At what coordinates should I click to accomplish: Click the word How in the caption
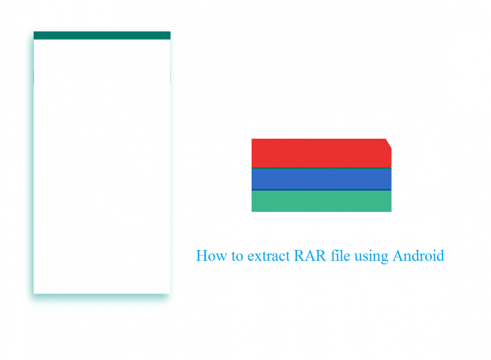(211, 256)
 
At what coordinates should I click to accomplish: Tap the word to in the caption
(238, 256)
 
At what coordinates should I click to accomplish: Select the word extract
(269, 256)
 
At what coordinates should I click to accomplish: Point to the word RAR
(311, 256)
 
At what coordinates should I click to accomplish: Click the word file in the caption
(341, 256)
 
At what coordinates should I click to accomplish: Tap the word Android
(419, 256)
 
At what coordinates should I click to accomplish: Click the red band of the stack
(321, 153)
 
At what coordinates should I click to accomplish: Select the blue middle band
(321, 179)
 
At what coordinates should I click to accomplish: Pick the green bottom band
(321, 201)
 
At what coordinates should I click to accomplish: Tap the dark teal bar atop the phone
(102, 36)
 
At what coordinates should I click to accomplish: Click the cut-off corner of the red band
(389, 143)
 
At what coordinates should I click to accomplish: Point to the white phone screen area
(102, 166)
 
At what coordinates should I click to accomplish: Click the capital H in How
(202, 256)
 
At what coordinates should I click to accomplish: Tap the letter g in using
(384, 259)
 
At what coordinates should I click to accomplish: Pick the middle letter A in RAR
(311, 256)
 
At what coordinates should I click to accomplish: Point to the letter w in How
(221, 258)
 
